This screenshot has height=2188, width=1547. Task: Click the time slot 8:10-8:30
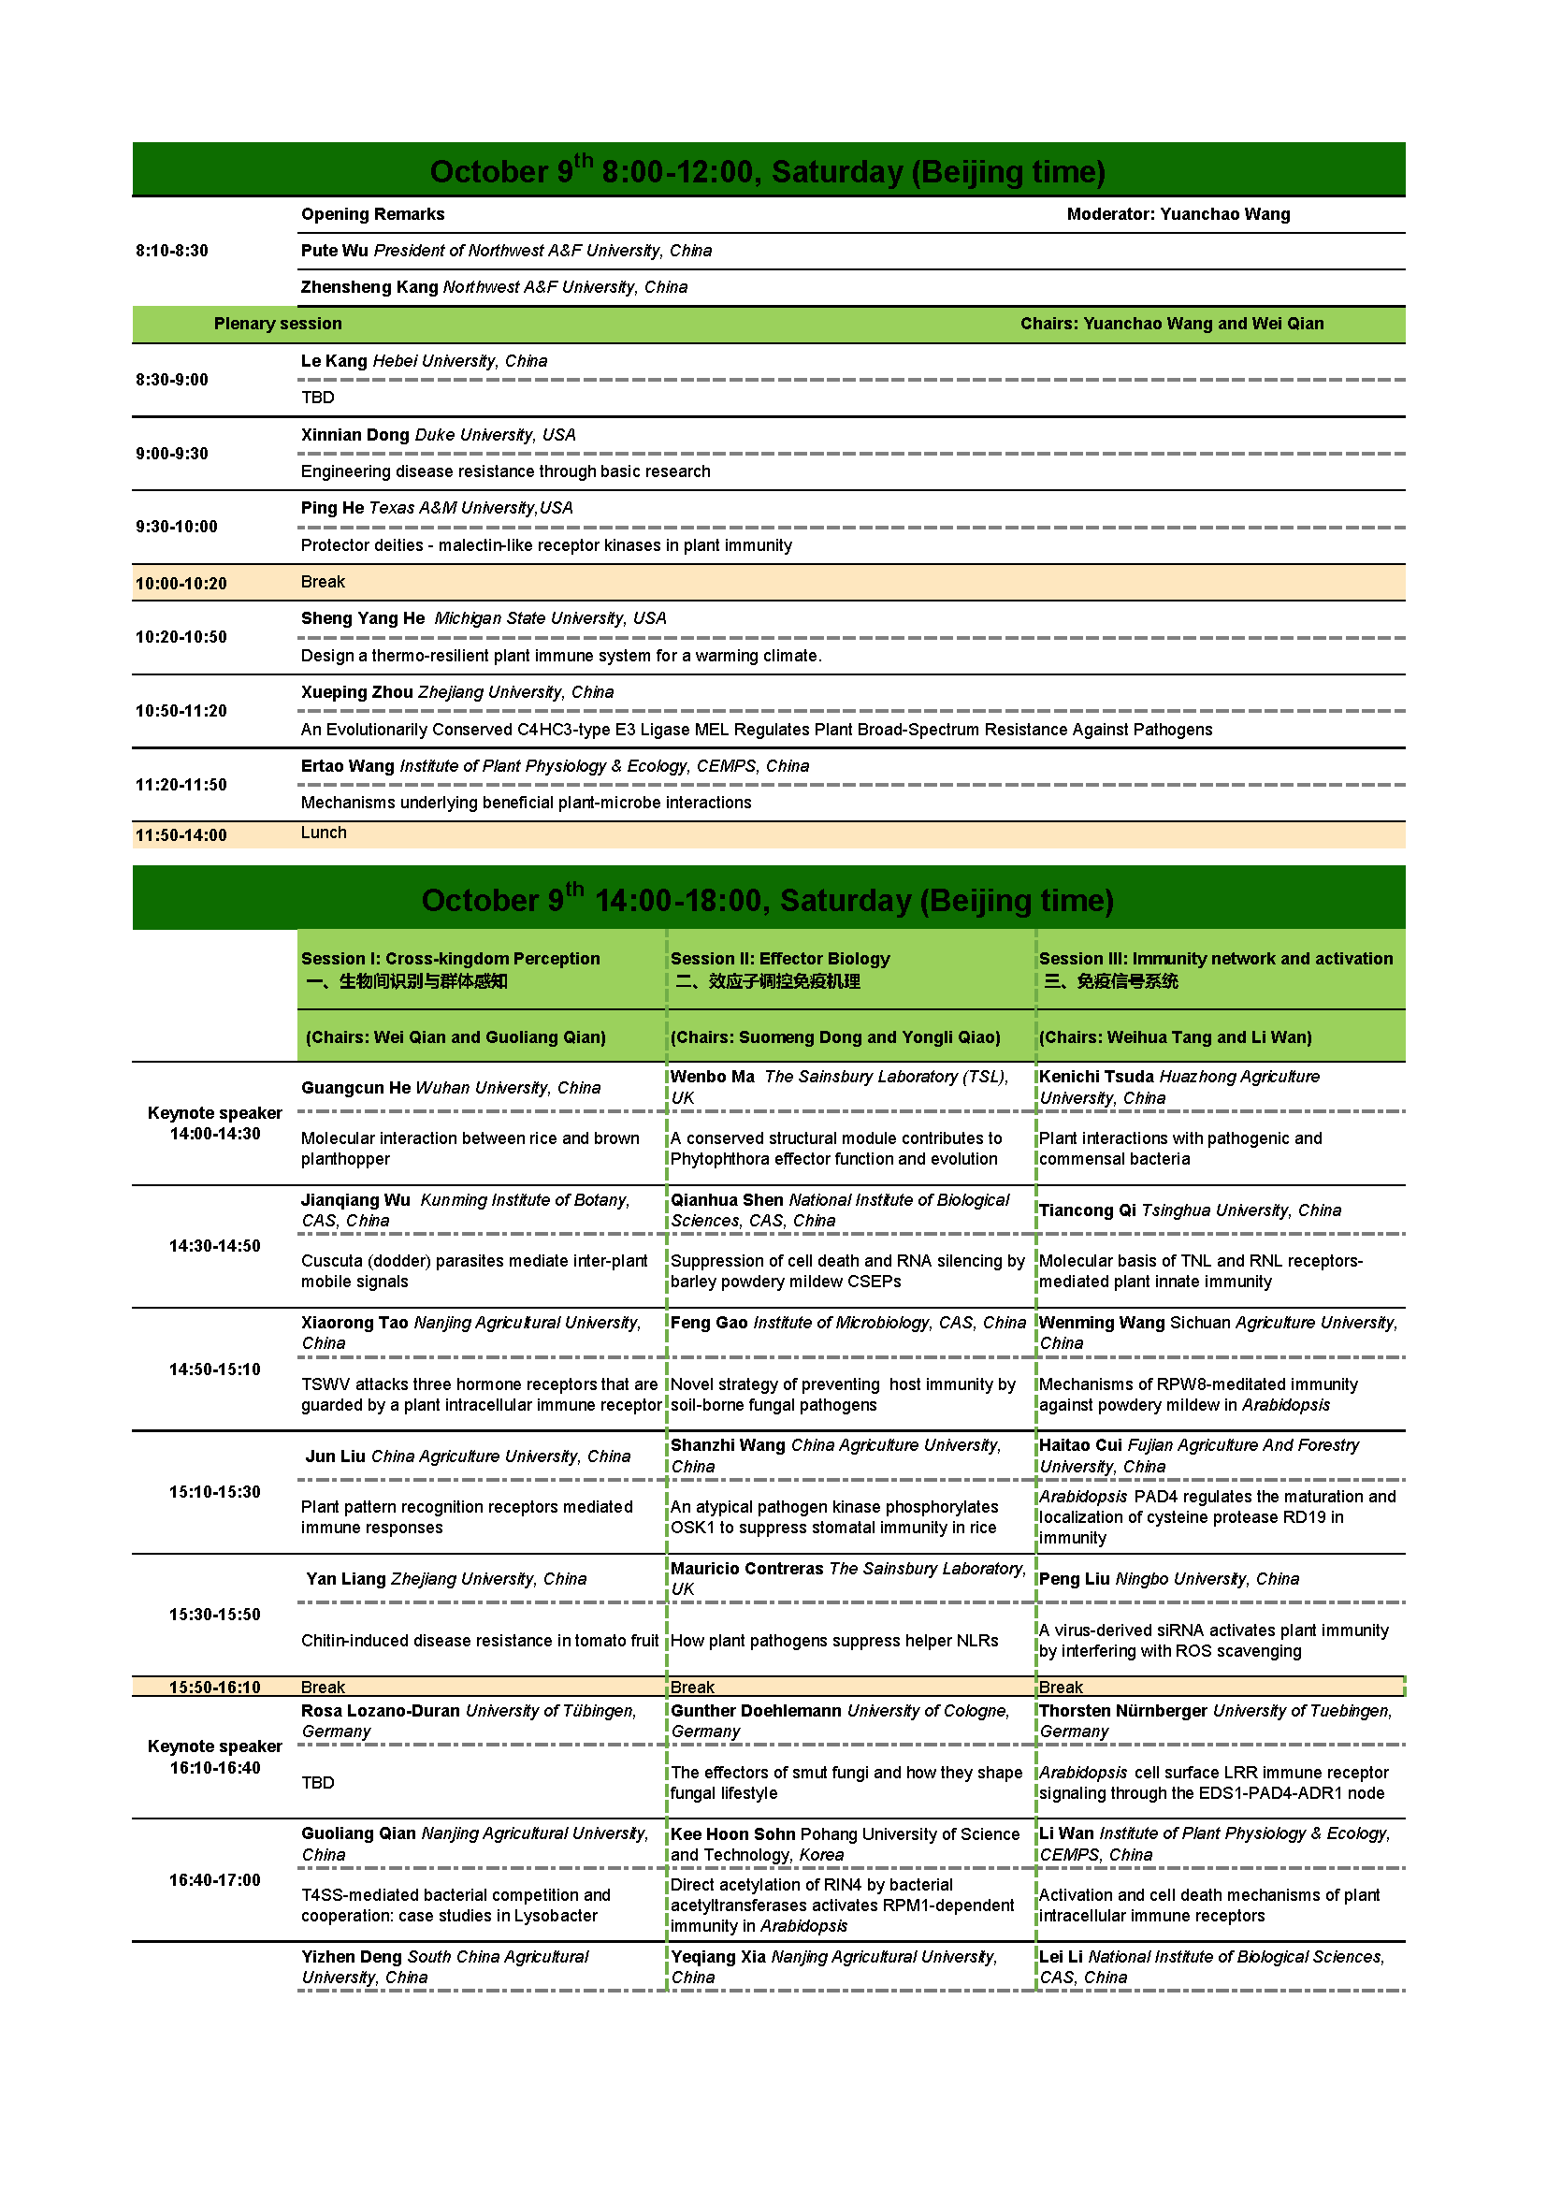click(x=171, y=251)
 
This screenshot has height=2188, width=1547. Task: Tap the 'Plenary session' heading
click(x=277, y=324)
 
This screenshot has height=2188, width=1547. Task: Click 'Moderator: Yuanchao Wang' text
click(x=1178, y=214)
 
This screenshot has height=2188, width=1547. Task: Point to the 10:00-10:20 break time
click(x=181, y=583)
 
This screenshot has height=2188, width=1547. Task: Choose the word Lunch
click(x=323, y=833)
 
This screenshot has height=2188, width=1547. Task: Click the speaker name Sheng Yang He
click(x=362, y=618)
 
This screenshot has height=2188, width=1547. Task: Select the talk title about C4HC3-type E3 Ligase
click(x=757, y=730)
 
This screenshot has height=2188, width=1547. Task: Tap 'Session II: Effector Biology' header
click(x=779, y=959)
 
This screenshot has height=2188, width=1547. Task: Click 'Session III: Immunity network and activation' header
click(x=1216, y=959)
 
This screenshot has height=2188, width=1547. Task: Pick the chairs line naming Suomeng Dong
click(x=834, y=1037)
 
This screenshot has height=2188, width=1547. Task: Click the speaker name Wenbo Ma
click(x=712, y=1077)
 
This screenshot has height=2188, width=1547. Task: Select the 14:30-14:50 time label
click(x=214, y=1246)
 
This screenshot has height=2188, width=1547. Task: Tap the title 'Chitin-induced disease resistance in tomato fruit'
click(x=479, y=1641)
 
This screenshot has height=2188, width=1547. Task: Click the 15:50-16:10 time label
click(x=214, y=1688)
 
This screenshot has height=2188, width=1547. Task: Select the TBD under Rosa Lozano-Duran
click(x=317, y=1783)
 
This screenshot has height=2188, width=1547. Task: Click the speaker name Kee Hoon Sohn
click(x=732, y=1834)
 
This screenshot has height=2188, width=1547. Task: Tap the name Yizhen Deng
click(x=352, y=1957)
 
